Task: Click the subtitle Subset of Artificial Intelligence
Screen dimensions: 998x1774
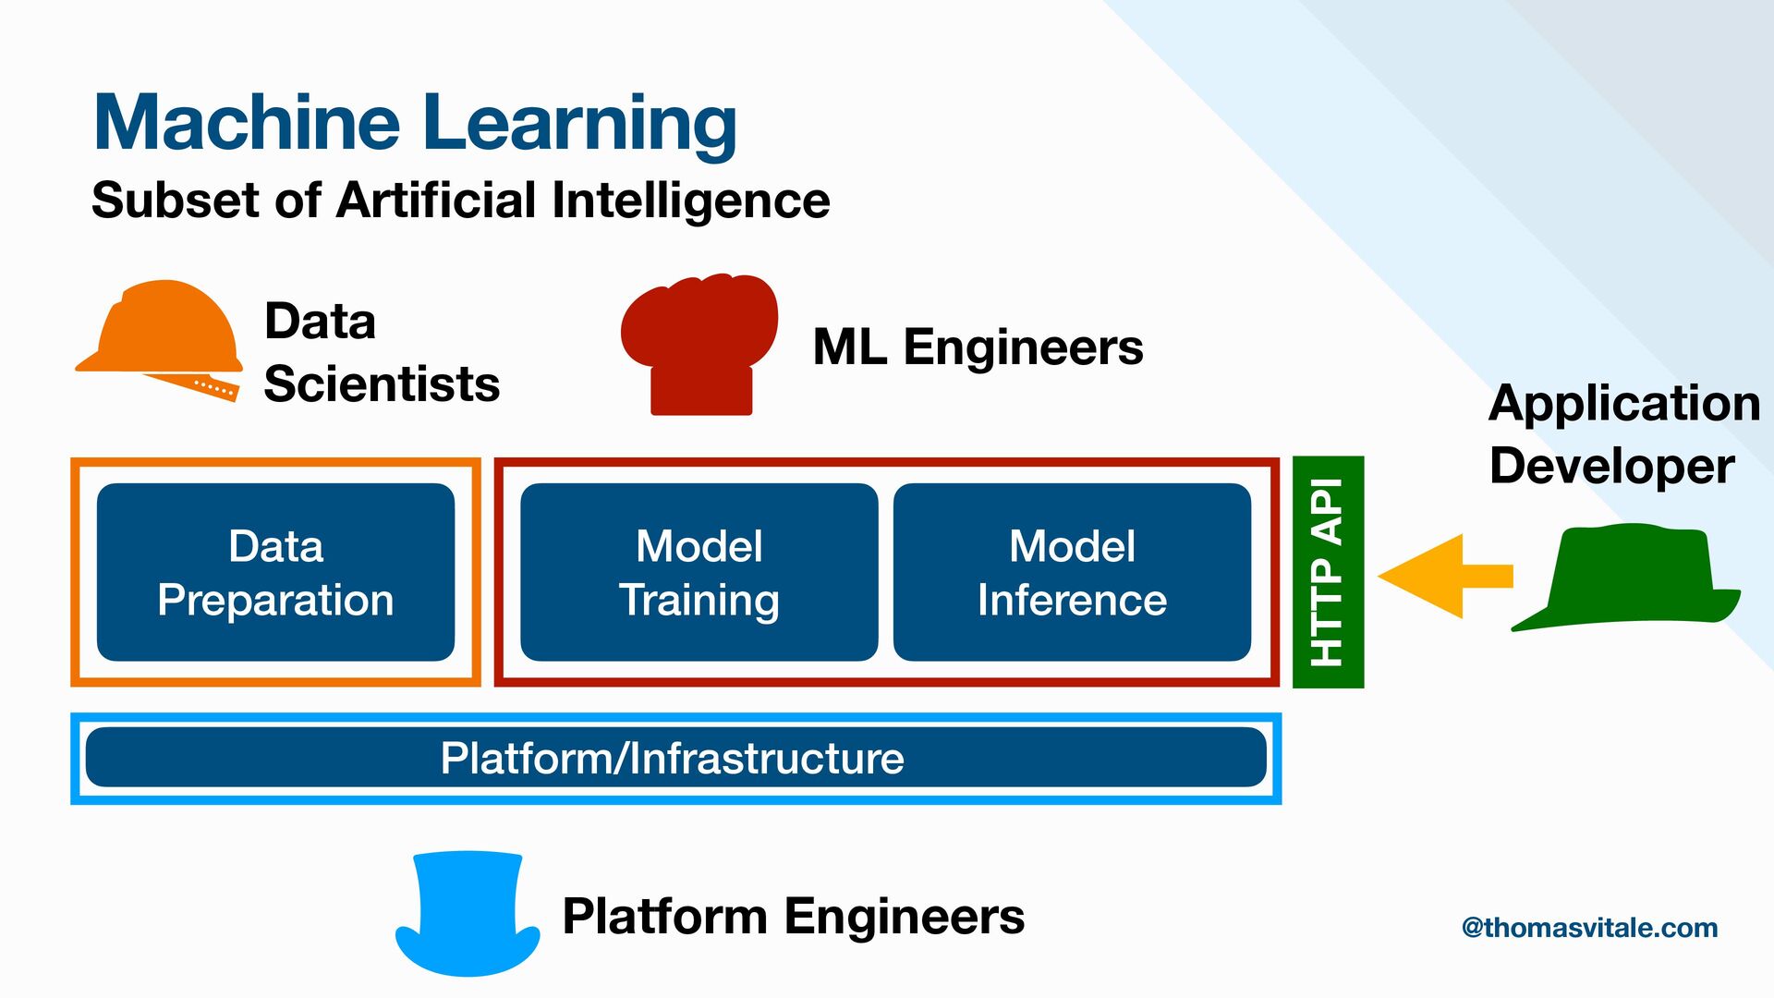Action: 460,201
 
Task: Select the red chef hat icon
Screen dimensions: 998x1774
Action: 699,342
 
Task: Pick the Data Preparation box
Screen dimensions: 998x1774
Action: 275,572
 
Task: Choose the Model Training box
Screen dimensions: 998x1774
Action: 699,572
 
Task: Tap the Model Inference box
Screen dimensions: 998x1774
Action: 1072,572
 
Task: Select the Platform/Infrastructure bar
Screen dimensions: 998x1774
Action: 675,758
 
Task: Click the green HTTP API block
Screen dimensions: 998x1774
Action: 1328,572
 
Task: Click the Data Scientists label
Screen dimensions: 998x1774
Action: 381,353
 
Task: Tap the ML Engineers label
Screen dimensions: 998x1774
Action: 978,347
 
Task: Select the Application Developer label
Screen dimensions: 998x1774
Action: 1623,434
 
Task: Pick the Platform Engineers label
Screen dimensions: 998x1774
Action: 793,917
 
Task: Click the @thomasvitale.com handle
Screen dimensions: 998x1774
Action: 1589,928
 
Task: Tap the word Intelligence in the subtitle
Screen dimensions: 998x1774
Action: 690,201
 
